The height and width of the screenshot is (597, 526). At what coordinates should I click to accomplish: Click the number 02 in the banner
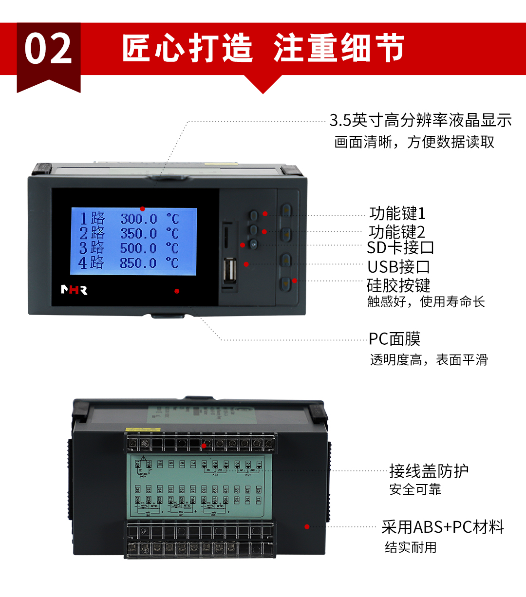[x=48, y=49]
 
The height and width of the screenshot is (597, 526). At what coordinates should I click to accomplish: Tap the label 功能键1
[x=397, y=213]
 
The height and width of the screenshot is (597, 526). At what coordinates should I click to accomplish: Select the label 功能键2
[x=396, y=231]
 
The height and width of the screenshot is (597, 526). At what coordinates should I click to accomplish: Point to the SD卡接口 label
[x=400, y=247]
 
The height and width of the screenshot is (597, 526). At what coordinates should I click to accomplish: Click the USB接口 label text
[x=398, y=267]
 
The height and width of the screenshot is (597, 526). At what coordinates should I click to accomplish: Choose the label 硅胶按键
[x=398, y=285]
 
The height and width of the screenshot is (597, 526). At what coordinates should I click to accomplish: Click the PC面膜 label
[x=394, y=339]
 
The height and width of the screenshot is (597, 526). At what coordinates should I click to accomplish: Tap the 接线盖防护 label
[x=429, y=471]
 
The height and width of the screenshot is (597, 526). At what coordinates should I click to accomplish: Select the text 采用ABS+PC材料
[x=442, y=527]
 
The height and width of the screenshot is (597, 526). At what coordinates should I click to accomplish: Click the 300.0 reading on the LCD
[x=139, y=219]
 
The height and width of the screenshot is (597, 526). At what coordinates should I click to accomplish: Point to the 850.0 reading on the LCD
[x=138, y=263]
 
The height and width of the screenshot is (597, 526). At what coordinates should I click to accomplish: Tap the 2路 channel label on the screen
[x=92, y=233]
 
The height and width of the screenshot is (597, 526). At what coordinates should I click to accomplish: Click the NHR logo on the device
[x=74, y=290]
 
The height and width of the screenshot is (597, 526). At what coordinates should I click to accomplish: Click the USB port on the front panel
[x=230, y=271]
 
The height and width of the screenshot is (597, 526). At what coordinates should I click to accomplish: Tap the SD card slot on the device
[x=227, y=237]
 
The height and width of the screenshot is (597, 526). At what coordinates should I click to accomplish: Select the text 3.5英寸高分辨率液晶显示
[x=420, y=120]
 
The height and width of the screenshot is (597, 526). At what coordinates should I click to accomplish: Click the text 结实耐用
[x=410, y=547]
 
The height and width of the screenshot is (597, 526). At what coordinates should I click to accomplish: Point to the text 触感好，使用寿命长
[x=426, y=302]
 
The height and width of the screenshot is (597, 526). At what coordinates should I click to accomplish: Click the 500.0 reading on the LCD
[x=138, y=248]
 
